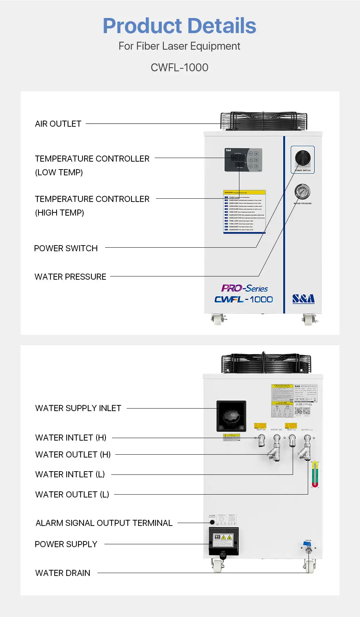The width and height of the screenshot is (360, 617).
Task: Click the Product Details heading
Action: pyautogui.click(x=179, y=26)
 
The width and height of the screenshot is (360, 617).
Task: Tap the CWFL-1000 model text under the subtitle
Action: pyautogui.click(x=179, y=67)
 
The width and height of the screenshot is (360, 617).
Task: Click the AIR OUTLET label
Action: pyautogui.click(x=58, y=124)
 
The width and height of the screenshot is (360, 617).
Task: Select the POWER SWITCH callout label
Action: pyautogui.click(x=66, y=248)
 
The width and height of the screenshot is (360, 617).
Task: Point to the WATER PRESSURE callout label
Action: pyautogui.click(x=70, y=277)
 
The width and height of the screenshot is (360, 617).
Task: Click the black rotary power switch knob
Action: pyautogui.click(x=302, y=158)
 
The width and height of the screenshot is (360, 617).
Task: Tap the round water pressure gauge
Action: pyautogui.click(x=302, y=192)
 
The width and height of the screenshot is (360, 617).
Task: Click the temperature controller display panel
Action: pyautogui.click(x=243, y=160)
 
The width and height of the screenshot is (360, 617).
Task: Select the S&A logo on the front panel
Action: pyautogui.click(x=303, y=299)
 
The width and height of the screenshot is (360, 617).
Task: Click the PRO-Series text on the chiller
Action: pyautogui.click(x=244, y=288)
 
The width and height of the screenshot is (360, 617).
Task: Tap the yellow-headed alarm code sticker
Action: pyautogui.click(x=244, y=212)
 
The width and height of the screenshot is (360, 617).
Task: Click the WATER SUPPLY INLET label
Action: pyautogui.click(x=78, y=408)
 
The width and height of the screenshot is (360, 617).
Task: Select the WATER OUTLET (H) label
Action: pyautogui.click(x=73, y=455)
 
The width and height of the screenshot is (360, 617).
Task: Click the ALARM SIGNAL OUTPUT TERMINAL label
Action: pyautogui.click(x=104, y=523)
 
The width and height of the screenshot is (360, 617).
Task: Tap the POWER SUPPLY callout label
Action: pyautogui.click(x=66, y=544)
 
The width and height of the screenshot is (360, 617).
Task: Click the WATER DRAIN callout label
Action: pyautogui.click(x=63, y=573)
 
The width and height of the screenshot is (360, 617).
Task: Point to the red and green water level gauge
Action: pyautogui.click(x=315, y=474)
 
